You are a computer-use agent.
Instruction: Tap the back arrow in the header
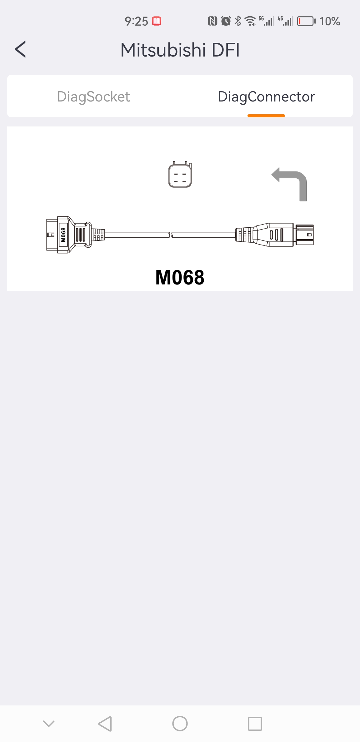pyautogui.click(x=20, y=49)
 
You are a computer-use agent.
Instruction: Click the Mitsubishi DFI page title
pyautogui.click(x=180, y=50)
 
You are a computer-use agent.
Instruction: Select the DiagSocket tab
pyautogui.click(x=93, y=97)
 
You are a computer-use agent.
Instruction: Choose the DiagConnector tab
pyautogui.click(x=266, y=97)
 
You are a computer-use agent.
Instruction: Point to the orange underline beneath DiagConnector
pyautogui.click(x=266, y=116)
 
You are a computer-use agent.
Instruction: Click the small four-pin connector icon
pyautogui.click(x=180, y=174)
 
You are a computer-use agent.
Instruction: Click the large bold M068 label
pyautogui.click(x=180, y=277)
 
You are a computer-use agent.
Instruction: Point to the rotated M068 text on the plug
pyautogui.click(x=63, y=235)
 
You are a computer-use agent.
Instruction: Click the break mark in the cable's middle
pyautogui.click(x=171, y=235)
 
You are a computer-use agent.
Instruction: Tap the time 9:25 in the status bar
pyautogui.click(x=136, y=21)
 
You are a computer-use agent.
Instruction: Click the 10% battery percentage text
pyautogui.click(x=330, y=21)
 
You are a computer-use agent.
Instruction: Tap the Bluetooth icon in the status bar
pyautogui.click(x=238, y=21)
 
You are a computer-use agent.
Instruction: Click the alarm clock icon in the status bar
pyautogui.click(x=226, y=21)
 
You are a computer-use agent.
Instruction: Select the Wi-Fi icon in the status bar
pyautogui.click(x=250, y=21)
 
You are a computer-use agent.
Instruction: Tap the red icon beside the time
pyautogui.click(x=157, y=21)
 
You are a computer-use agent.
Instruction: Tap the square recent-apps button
pyautogui.click(x=255, y=724)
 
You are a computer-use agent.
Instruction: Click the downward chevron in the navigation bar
pyautogui.click(x=49, y=724)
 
